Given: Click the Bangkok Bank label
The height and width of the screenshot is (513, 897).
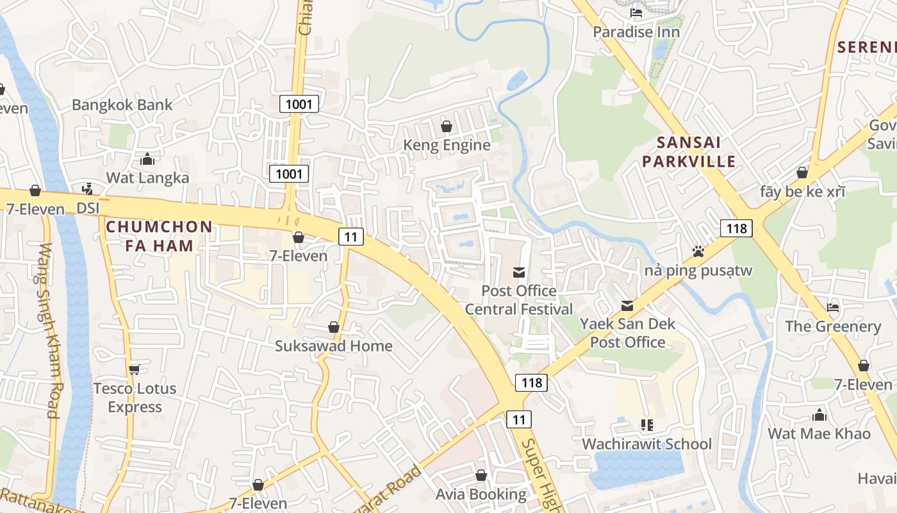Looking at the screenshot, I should coord(122,105).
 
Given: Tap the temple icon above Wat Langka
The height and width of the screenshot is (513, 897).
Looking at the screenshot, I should coord(147,159).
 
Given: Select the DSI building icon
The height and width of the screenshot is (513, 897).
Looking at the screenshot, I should coord(87,189).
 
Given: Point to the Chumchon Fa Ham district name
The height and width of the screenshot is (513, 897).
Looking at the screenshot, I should coord(159,236).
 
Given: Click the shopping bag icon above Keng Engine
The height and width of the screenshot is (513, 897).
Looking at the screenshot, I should coord(447,126).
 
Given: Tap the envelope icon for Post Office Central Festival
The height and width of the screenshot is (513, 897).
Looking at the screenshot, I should coord(519,273).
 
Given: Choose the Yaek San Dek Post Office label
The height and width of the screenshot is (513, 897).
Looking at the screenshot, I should coord(627,333).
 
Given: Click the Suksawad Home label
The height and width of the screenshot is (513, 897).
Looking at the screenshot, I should coord(333,346).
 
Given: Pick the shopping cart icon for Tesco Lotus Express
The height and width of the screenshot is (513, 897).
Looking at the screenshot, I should coord(134,369).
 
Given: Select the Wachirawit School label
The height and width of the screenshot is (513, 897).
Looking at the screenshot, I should coord(646,444).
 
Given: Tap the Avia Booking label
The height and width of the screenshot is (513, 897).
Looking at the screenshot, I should coord(481,494).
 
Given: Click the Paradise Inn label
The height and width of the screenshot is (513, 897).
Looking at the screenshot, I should coord(636,32).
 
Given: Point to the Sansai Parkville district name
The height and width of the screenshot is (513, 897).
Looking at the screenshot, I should coord(689,151).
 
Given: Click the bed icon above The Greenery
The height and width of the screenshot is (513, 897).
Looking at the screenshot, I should coord(833,308).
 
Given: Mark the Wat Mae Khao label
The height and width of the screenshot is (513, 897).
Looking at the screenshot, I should coord(819,433).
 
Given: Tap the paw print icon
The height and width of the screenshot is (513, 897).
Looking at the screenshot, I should coord(698,251).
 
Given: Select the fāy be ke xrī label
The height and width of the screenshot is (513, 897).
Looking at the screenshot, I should coord(802,192).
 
